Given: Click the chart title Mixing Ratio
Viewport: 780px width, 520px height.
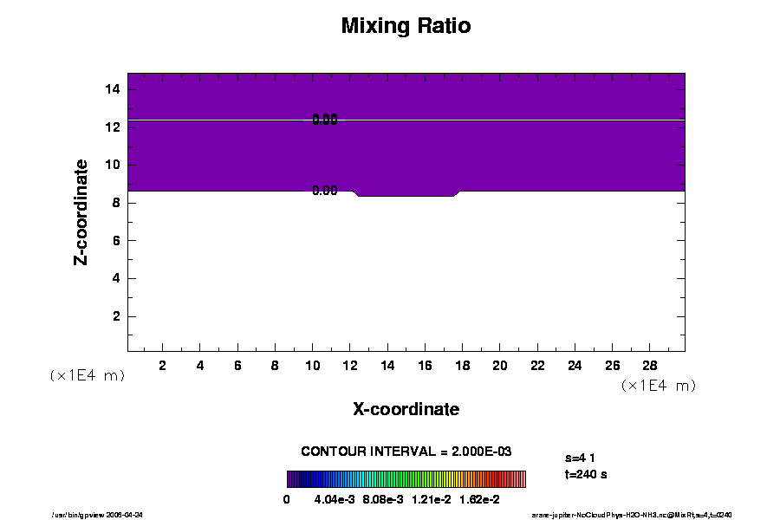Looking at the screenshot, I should click(x=406, y=26).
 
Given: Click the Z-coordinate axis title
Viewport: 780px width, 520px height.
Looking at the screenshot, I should click(x=81, y=211).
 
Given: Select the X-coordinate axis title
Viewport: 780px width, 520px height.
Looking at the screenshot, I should click(x=406, y=409).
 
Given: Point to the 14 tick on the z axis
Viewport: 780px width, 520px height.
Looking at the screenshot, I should click(x=113, y=89).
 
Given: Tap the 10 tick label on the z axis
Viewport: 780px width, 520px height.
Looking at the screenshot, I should click(x=113, y=165).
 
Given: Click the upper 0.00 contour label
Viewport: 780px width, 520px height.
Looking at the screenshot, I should click(x=325, y=120).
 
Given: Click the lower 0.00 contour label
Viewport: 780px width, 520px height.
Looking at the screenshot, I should click(x=325, y=191).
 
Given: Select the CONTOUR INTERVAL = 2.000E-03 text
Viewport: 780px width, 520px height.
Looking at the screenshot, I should click(x=406, y=452).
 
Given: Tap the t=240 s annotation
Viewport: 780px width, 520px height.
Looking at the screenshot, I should click(x=585, y=475).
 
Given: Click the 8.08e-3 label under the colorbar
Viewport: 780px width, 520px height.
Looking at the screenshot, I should click(x=382, y=499).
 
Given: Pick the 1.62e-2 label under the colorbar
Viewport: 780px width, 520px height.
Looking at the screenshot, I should click(x=479, y=499).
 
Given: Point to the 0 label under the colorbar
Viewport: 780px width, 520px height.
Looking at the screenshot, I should click(x=287, y=499).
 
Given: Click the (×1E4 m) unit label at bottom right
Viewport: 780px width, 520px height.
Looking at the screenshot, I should click(x=659, y=385).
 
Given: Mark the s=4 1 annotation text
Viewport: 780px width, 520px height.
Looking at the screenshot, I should click(x=580, y=457).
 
